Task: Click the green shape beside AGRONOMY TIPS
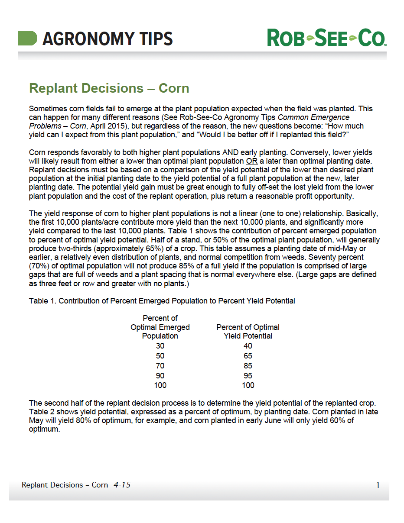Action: point(27,38)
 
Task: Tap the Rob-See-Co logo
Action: point(326,38)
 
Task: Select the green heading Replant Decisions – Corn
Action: point(109,88)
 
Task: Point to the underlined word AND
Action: point(229,152)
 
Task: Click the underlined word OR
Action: point(252,161)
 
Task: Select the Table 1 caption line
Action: point(162,301)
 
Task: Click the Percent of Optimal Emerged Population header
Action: point(160,327)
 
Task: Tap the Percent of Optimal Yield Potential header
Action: point(248,331)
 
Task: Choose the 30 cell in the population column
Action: point(160,346)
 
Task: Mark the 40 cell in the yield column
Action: point(248,346)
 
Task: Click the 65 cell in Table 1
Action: point(248,356)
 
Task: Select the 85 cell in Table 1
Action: point(248,366)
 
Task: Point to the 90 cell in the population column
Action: point(160,376)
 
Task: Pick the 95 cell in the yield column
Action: point(248,376)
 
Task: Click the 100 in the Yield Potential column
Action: point(248,385)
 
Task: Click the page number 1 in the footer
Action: point(378,485)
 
